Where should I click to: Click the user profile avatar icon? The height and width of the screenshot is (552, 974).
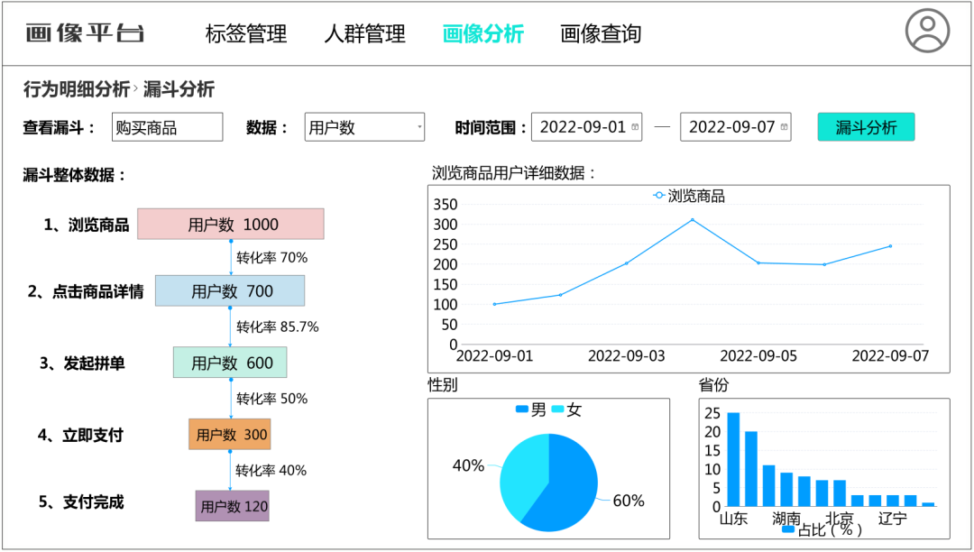click(927, 31)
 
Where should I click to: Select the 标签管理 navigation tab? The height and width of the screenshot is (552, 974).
click(245, 34)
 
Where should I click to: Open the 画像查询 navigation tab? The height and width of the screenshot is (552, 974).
click(601, 34)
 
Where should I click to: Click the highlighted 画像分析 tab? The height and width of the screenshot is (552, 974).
click(482, 34)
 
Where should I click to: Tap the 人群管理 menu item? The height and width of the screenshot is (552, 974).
click(364, 34)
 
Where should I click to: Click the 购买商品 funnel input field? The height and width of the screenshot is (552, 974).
click(167, 127)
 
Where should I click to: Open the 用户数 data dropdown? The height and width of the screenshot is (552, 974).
click(364, 127)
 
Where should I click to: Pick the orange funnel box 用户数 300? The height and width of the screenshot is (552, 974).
click(229, 435)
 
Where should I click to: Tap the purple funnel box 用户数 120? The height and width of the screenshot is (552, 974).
click(232, 506)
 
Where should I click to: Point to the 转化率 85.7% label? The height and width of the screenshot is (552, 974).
click(277, 327)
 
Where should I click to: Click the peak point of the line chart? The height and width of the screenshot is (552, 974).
click(693, 219)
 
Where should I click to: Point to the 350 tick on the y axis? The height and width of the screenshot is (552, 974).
click(446, 205)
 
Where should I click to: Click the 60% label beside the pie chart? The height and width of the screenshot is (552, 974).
click(628, 501)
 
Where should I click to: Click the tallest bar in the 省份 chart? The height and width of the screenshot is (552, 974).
click(733, 459)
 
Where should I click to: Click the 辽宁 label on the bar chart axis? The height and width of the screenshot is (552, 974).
click(892, 519)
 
